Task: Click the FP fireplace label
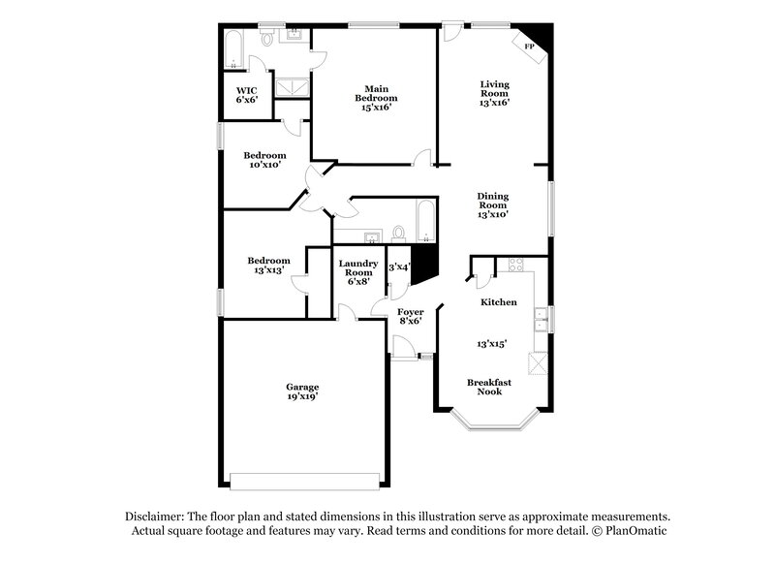[x=529, y=47]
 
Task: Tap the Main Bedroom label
[x=375, y=98]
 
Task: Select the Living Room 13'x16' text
[x=494, y=93]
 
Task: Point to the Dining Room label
[x=493, y=205]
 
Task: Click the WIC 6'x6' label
[x=246, y=95]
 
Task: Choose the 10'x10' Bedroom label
[x=264, y=160]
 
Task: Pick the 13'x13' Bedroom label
[x=267, y=266]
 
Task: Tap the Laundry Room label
[x=358, y=272]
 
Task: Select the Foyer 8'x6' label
[x=411, y=316]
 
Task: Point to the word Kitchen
[x=499, y=302]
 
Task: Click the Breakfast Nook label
[x=489, y=387]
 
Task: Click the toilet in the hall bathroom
[x=398, y=234]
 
